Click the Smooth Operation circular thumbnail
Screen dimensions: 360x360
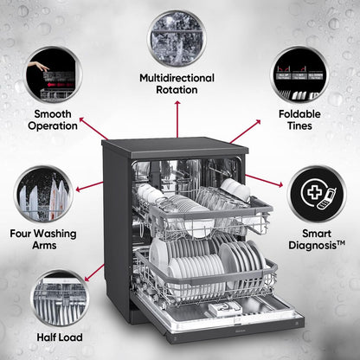[52, 74]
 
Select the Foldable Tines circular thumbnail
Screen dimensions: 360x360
[299, 74]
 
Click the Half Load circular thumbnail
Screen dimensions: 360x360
[58, 298]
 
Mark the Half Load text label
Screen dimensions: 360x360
[58, 337]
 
